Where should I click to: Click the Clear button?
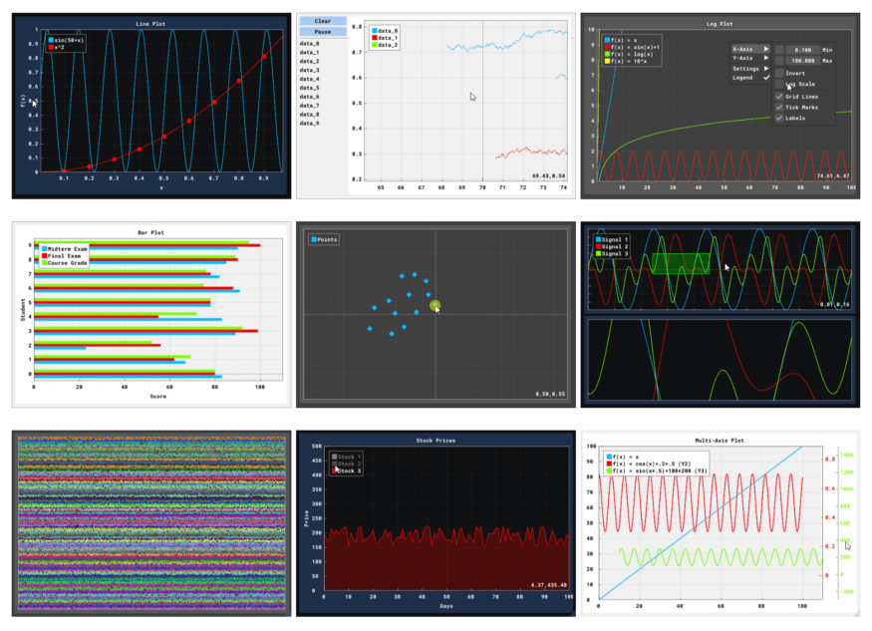[x=322, y=20]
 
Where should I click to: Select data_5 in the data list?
[x=310, y=88]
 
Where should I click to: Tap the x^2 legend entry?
[x=68, y=48]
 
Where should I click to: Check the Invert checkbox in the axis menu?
[x=779, y=73]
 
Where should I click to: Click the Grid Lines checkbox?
[x=779, y=96]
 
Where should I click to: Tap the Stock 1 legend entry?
[x=347, y=456]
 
